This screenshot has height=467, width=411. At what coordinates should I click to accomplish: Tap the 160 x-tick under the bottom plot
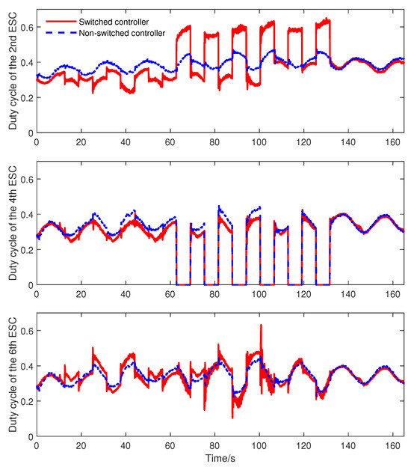tap(392, 445)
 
